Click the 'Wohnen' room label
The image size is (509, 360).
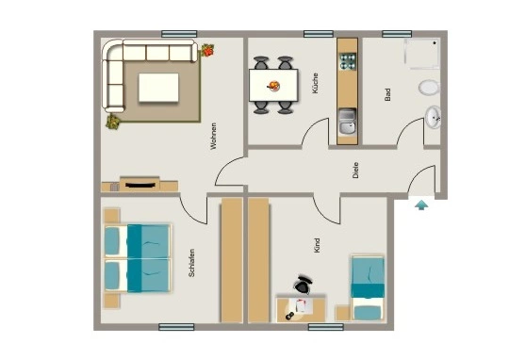click(213, 136)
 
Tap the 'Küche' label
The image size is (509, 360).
click(315, 84)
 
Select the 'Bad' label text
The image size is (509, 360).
click(387, 94)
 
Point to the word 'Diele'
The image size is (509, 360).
click(355, 170)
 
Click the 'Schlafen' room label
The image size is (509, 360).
click(191, 263)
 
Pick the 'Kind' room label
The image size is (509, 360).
click(317, 245)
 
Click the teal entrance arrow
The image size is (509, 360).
click(421, 205)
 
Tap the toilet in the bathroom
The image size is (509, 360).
click(429, 88)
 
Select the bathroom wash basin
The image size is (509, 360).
click(433, 117)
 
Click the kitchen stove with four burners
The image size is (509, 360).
click(348, 61)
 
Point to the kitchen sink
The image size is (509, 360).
click(347, 122)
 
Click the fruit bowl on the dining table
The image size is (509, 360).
click(273, 86)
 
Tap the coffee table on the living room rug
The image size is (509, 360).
click(158, 88)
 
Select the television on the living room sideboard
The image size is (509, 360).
click(140, 186)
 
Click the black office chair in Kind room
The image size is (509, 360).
click(303, 284)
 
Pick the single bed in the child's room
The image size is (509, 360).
click(369, 288)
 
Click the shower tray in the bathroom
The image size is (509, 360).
click(422, 55)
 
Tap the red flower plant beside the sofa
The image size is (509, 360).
click(207, 50)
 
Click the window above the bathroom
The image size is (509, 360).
click(397, 34)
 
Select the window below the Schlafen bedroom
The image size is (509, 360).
click(176, 327)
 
